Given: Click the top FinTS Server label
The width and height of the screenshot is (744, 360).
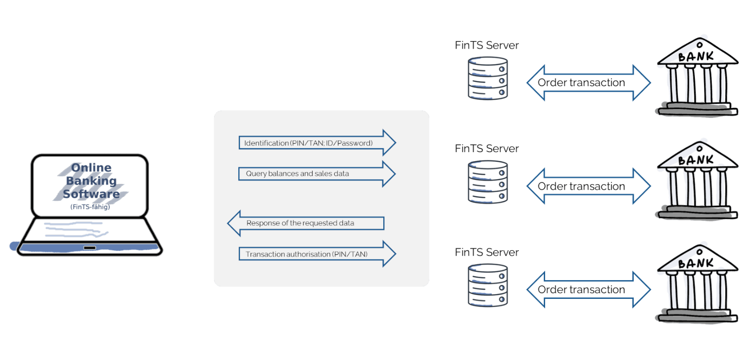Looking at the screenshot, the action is [x=486, y=45].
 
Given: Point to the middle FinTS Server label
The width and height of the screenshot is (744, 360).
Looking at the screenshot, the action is [x=486, y=148].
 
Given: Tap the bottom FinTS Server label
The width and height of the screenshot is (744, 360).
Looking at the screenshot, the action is [x=486, y=252].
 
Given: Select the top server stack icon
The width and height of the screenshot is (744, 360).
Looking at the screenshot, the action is [x=488, y=78].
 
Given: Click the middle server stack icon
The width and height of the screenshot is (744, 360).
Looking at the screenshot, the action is [x=488, y=182].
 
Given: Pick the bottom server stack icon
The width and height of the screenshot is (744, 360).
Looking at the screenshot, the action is [x=488, y=285].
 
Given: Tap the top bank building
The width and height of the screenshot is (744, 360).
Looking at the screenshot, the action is [x=697, y=77].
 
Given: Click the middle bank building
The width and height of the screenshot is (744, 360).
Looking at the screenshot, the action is [x=697, y=180].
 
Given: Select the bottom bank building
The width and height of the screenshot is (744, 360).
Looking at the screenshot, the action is [x=697, y=283].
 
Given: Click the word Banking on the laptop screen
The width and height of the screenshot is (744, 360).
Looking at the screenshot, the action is [x=91, y=181].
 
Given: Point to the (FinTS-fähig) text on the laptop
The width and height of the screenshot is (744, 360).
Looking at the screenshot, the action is [x=90, y=207].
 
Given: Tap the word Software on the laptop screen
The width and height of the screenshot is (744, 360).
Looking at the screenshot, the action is [x=91, y=194].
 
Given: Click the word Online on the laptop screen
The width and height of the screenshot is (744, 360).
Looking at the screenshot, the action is [x=91, y=167].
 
